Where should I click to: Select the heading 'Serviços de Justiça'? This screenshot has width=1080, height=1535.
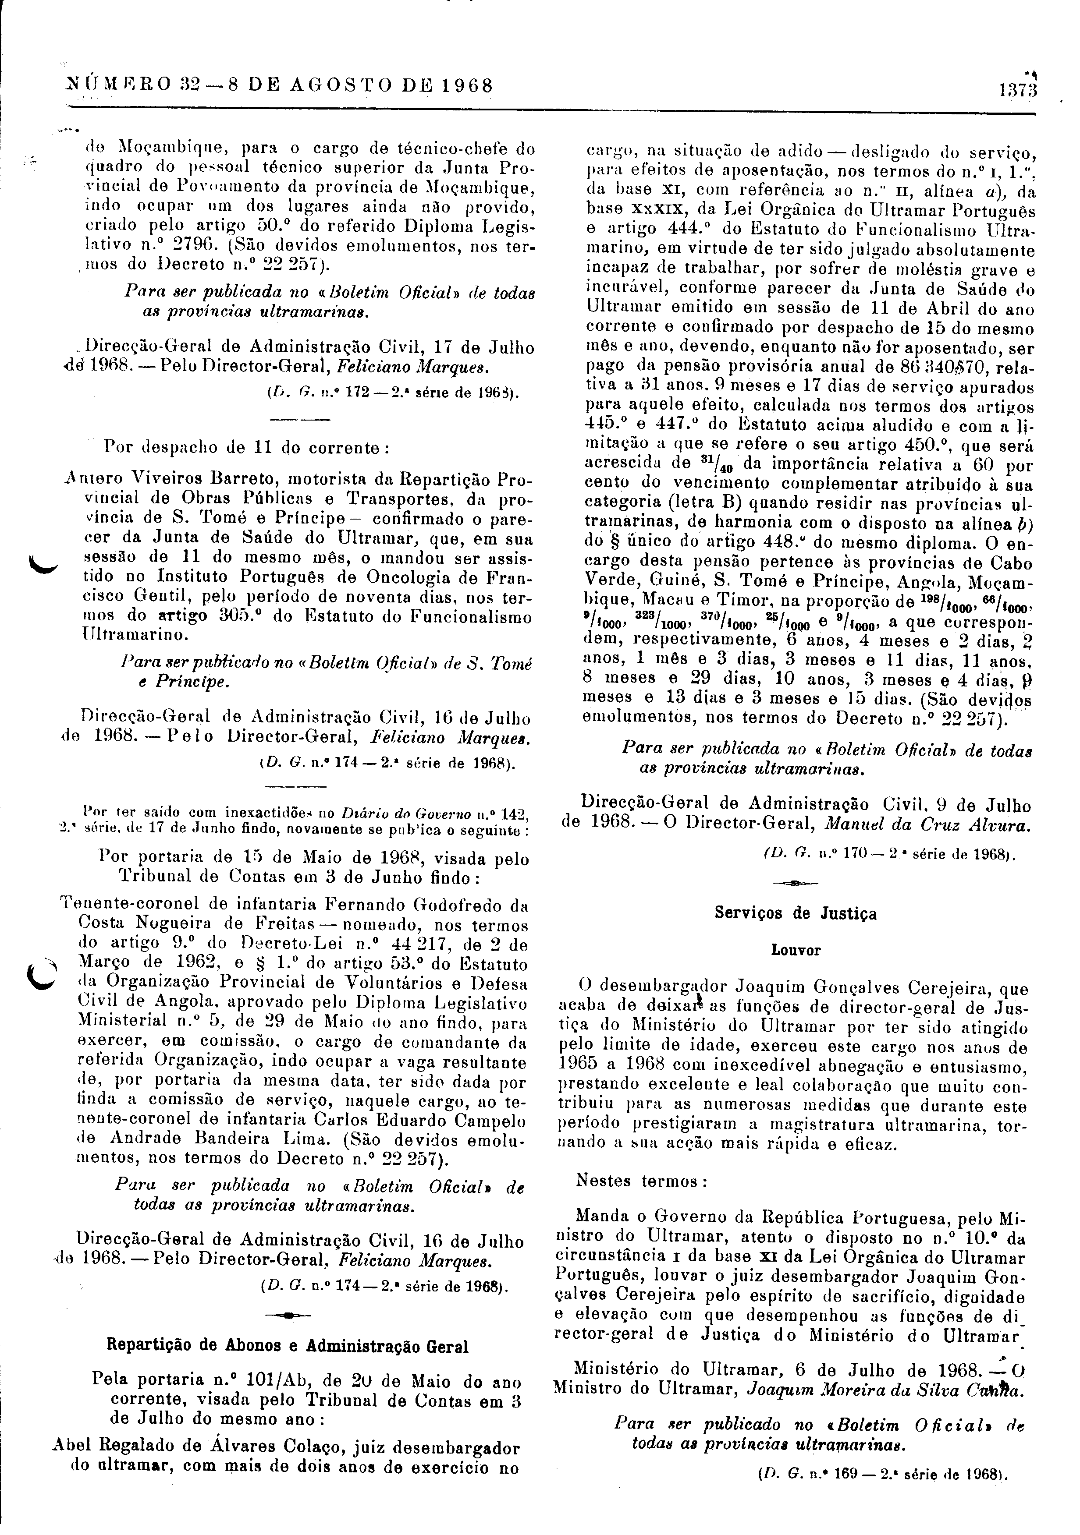coord(795,913)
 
